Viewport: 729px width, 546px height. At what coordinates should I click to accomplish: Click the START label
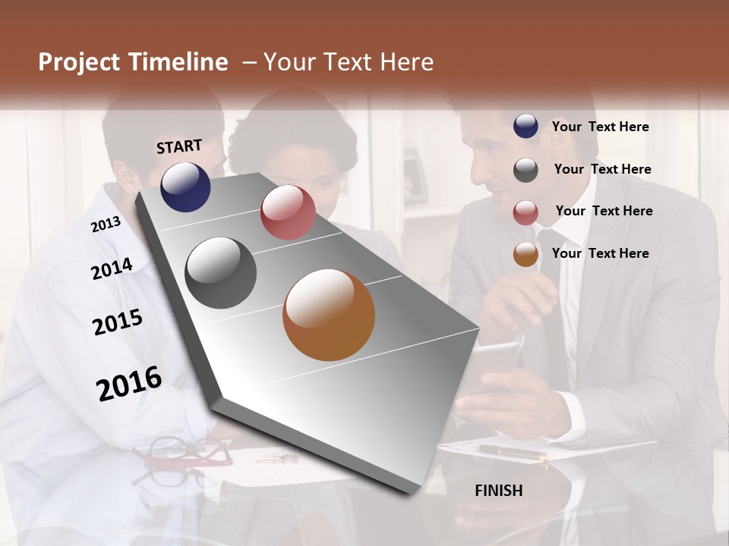[179, 146]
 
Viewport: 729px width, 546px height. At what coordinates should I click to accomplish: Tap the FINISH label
[499, 491]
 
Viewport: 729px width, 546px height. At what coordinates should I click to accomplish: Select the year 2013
[106, 224]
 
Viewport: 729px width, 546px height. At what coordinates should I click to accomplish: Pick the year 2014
[112, 268]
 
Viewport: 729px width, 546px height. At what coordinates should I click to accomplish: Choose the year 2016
[129, 383]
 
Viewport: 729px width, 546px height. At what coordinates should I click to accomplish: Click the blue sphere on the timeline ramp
[185, 187]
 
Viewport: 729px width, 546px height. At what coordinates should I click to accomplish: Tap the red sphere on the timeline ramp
[288, 212]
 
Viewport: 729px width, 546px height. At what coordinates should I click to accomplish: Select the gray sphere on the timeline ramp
[221, 273]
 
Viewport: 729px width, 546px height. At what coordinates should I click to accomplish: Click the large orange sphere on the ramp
[329, 315]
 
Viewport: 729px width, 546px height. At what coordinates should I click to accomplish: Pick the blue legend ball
[525, 127]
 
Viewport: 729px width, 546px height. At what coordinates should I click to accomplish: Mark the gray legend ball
[525, 170]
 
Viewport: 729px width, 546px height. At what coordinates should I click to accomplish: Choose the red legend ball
[525, 212]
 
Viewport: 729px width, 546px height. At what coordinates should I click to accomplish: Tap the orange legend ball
[525, 255]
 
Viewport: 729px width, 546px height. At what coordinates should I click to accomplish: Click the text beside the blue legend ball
[600, 127]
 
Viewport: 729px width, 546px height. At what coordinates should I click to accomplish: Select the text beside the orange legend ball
[600, 253]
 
